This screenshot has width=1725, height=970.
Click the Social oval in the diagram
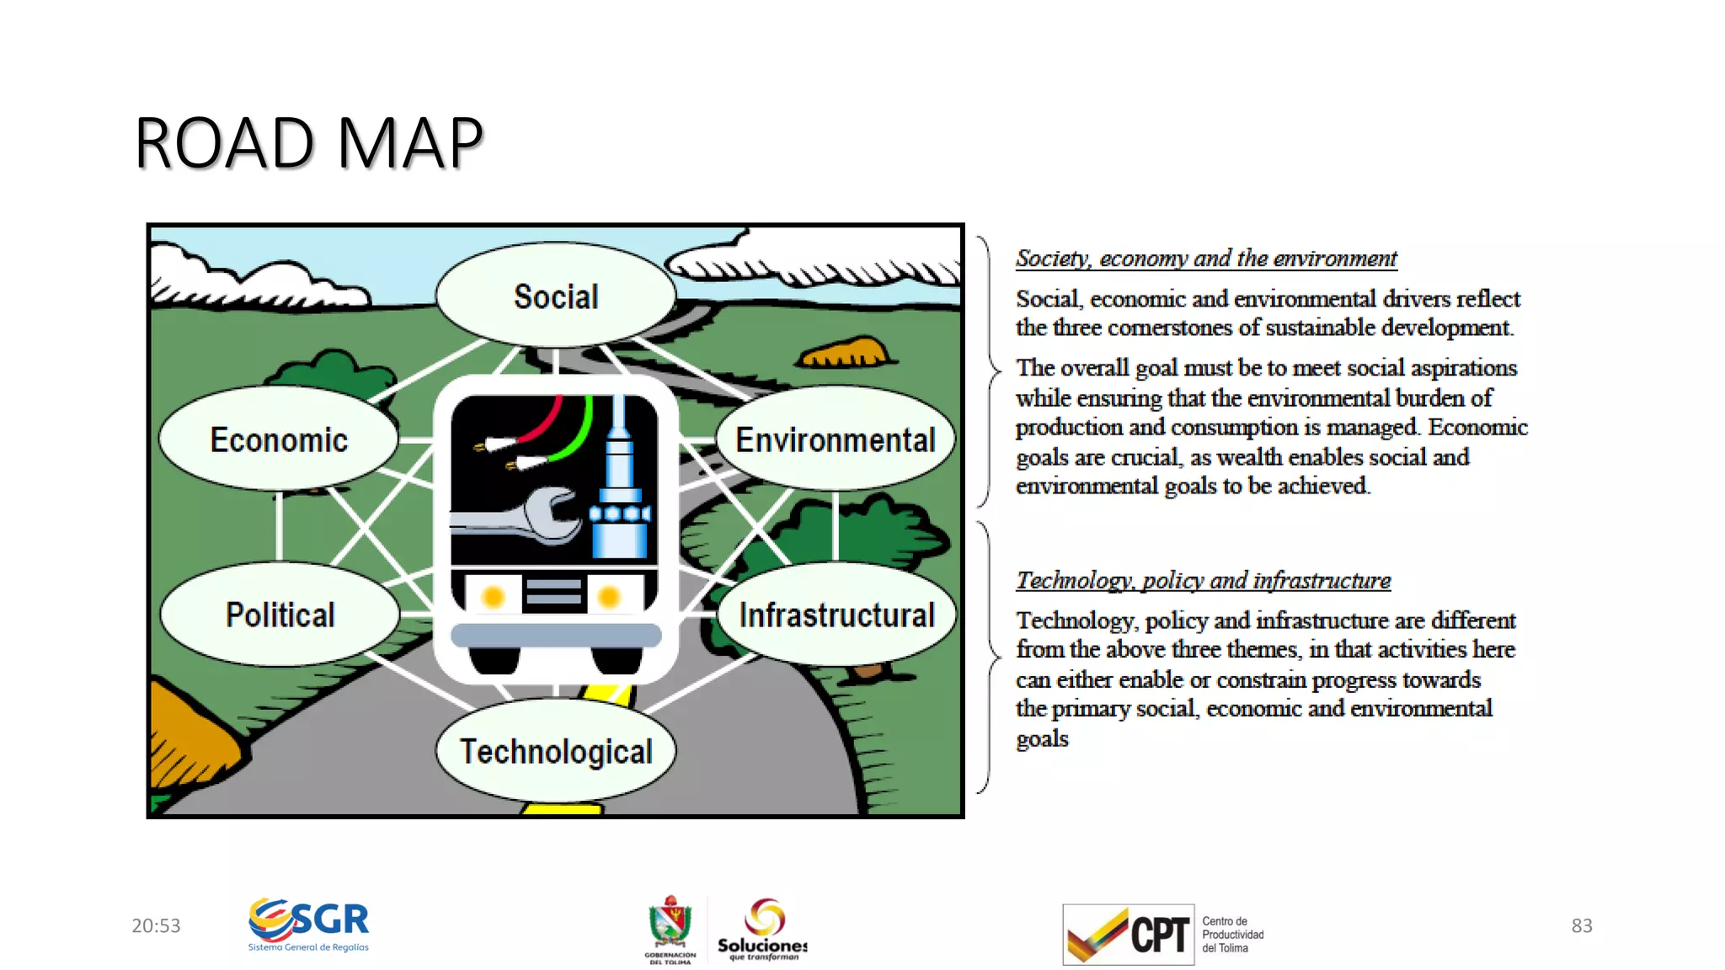556,296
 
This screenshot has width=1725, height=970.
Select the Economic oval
279,440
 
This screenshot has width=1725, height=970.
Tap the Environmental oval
836,440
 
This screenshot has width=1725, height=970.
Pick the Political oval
280,615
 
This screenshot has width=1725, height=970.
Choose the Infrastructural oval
836,615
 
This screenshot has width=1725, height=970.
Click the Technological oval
556,751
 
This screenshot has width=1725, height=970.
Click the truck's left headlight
493,597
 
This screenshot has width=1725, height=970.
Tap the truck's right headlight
608,597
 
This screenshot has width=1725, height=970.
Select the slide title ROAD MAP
309,143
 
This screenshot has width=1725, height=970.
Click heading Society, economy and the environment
1206,258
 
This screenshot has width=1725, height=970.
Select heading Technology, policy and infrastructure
1203,580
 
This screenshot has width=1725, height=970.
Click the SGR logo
309,925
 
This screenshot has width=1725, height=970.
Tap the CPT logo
1129,934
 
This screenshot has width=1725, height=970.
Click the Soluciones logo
762,930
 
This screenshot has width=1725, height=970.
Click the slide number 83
1581,925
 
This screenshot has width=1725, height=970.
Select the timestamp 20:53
156,925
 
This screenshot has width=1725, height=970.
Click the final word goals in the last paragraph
1042,738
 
